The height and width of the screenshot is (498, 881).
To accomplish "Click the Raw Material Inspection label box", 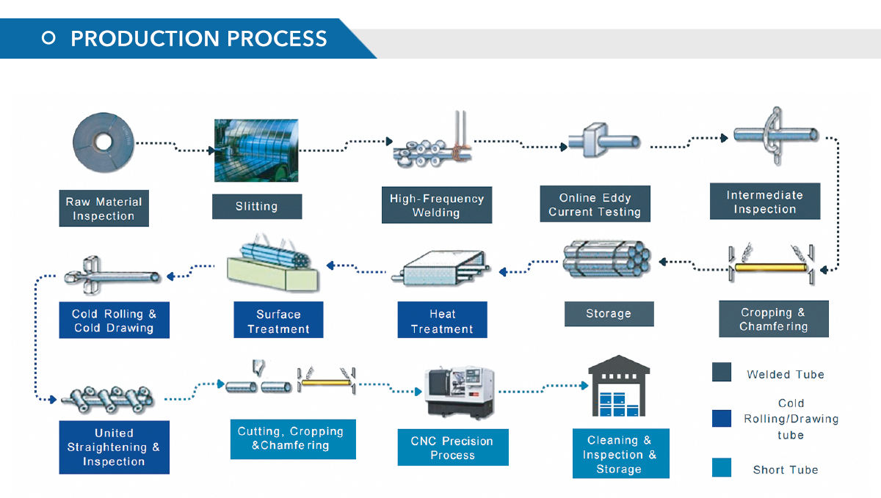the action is (x=104, y=208).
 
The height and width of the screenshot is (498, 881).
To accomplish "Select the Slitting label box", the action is (x=257, y=206).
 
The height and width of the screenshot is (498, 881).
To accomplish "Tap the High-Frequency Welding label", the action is (x=437, y=205).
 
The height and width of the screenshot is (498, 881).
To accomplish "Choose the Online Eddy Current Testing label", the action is (x=595, y=204).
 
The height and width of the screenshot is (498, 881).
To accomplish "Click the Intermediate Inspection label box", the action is (x=765, y=201).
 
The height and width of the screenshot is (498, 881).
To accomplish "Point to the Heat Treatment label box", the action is (x=442, y=320).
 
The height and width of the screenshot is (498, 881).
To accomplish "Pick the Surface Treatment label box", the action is (x=278, y=320).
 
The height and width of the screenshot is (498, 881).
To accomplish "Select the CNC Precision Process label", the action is (x=453, y=447).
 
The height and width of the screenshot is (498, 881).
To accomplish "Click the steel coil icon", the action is (x=103, y=142).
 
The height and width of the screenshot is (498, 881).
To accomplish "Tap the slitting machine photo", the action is (x=256, y=150).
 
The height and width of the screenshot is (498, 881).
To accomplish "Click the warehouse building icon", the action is (x=619, y=386).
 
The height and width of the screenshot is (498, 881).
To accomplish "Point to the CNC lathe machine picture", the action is (x=460, y=392).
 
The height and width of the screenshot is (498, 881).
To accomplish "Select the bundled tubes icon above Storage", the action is (x=606, y=260).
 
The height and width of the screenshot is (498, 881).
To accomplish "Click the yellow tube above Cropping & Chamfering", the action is (x=771, y=268).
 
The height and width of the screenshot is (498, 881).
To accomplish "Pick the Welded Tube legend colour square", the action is (x=721, y=372).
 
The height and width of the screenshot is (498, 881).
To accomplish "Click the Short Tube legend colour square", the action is (x=721, y=467).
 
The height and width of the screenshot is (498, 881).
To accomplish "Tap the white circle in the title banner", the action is (x=48, y=38).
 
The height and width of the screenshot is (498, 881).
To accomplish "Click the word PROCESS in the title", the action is (x=277, y=39).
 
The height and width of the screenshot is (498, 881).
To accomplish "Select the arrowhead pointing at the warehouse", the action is (x=584, y=386).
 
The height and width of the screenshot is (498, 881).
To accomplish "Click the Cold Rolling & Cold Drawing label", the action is (x=114, y=321).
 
